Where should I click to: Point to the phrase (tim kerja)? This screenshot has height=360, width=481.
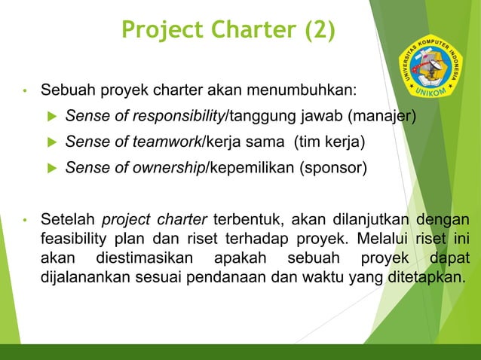[x=329, y=142]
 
